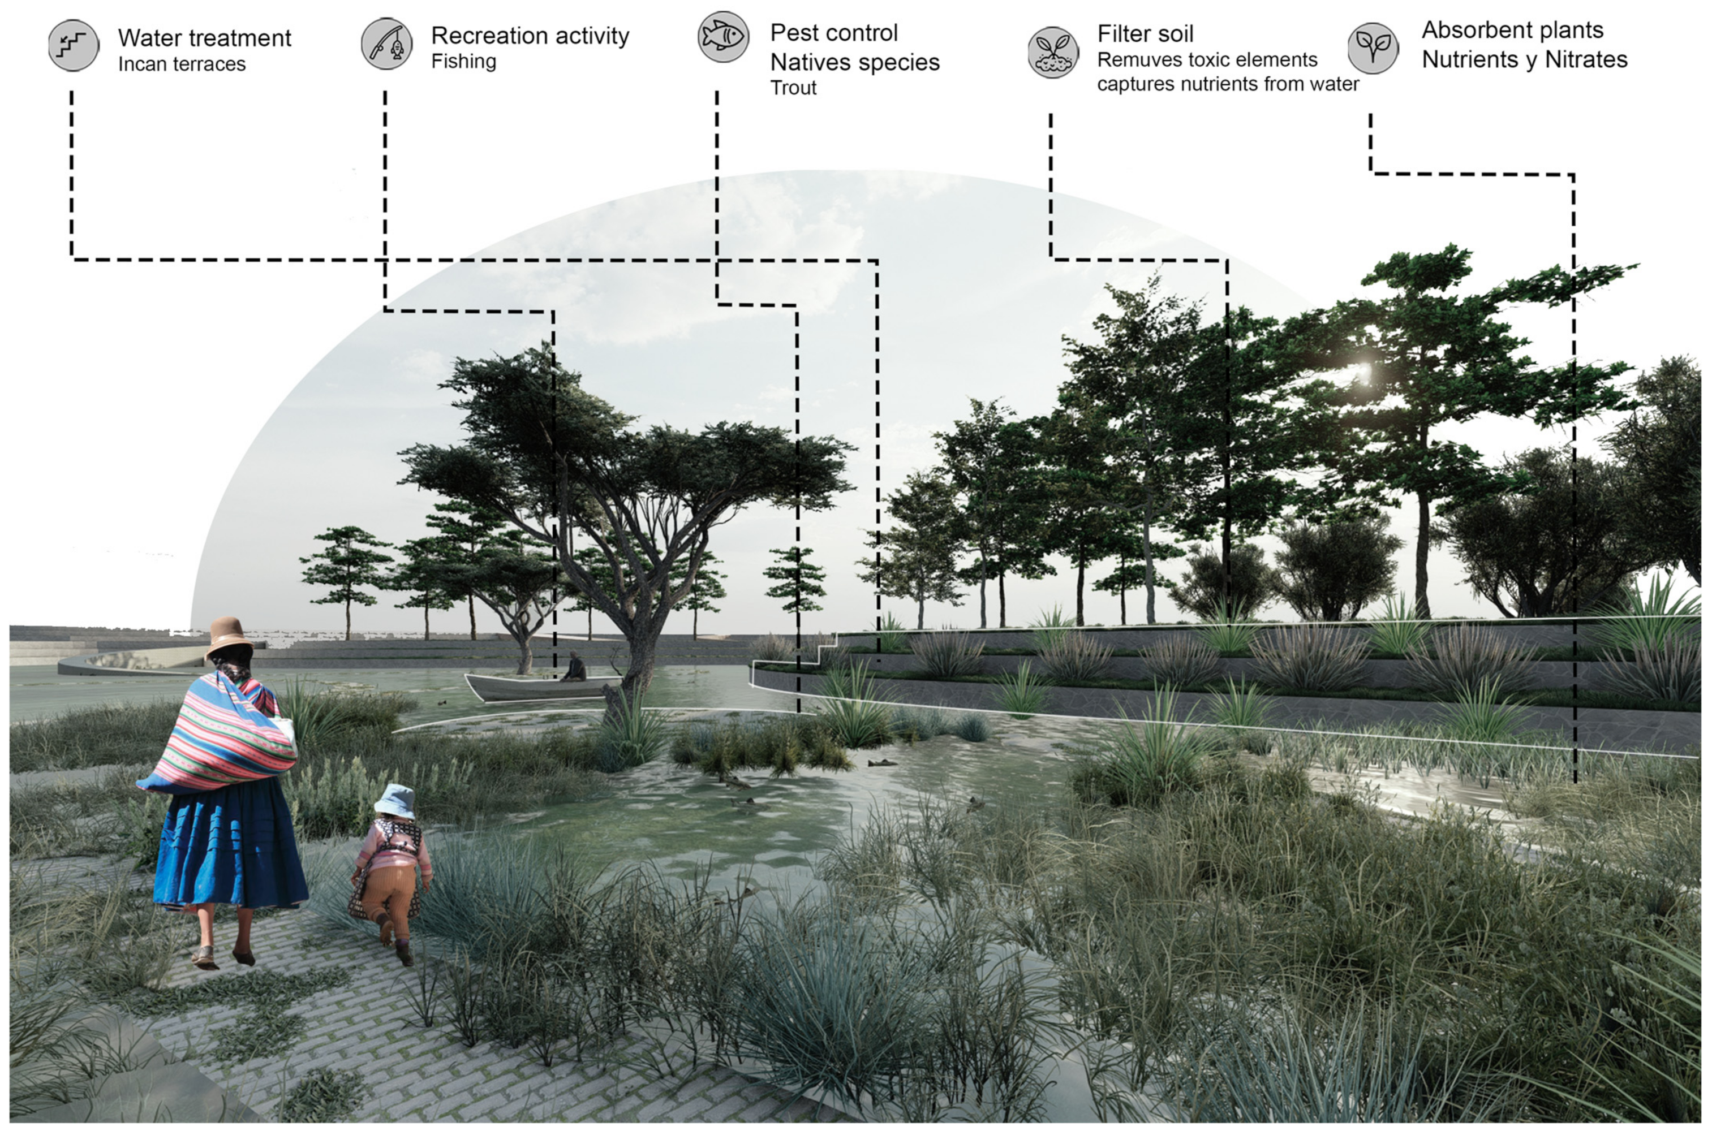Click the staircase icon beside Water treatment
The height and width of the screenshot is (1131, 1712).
pos(74,45)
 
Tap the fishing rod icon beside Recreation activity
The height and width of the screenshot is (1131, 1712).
pos(386,44)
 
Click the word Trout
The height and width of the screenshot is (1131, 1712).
pos(793,88)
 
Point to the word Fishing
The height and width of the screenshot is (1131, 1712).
pos(463,61)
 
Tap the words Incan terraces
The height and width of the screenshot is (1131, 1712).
pos(182,64)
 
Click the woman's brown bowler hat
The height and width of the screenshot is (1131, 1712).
pos(228,638)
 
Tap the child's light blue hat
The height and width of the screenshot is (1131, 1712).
pos(395,799)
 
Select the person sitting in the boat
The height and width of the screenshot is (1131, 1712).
pos(574,667)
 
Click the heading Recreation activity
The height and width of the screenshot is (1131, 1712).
pos(530,35)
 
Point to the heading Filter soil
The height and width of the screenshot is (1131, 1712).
pos(1145,34)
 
